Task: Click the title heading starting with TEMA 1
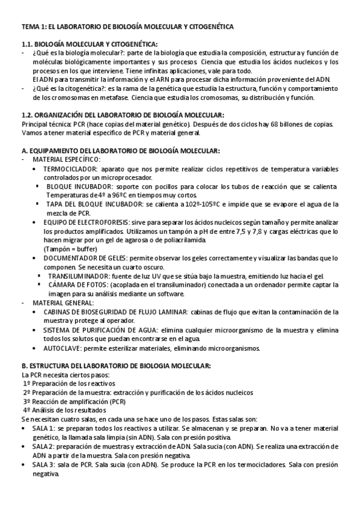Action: tap(127, 27)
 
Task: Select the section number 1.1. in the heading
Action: tap(29, 44)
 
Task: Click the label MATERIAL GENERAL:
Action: tap(63, 303)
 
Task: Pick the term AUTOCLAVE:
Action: tap(63, 348)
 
